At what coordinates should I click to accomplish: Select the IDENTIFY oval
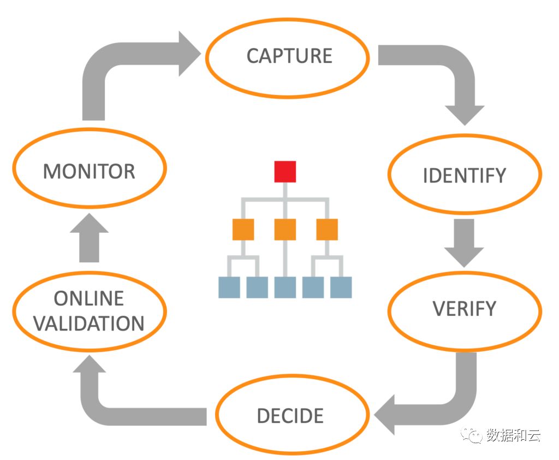click(465, 175)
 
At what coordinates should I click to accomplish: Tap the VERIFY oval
click(465, 309)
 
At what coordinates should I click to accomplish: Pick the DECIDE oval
click(290, 416)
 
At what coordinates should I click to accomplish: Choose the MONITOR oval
click(89, 171)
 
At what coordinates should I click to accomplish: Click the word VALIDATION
click(89, 323)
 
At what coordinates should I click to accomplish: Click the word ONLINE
click(89, 298)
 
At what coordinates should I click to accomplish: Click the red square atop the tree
click(285, 172)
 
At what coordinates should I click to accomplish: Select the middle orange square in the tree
click(285, 229)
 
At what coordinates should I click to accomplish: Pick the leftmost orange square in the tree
click(243, 229)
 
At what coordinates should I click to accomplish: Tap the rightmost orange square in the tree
click(327, 229)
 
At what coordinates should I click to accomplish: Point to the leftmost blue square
click(229, 287)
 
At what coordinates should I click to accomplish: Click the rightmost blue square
click(341, 287)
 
